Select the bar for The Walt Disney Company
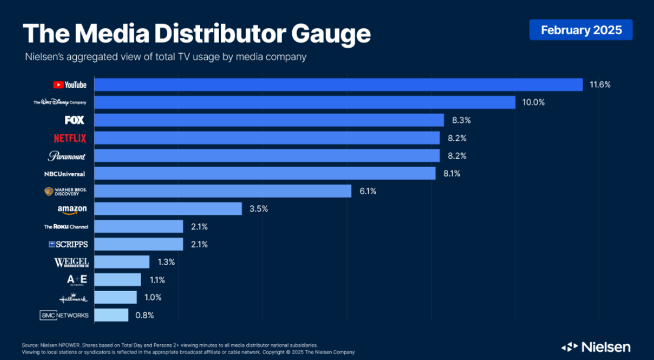click(305, 102)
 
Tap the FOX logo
click(74, 120)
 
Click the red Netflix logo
click(70, 138)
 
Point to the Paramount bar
click(267, 156)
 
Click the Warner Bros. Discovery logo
click(66, 191)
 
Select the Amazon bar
click(168, 209)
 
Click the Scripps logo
click(68, 244)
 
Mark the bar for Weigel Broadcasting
click(122, 262)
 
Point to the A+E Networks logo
click(77, 280)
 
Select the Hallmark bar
click(116, 297)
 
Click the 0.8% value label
click(145, 315)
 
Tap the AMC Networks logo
click(64, 315)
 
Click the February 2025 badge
click(581, 30)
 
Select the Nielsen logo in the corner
click(596, 346)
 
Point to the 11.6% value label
click(600, 84)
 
